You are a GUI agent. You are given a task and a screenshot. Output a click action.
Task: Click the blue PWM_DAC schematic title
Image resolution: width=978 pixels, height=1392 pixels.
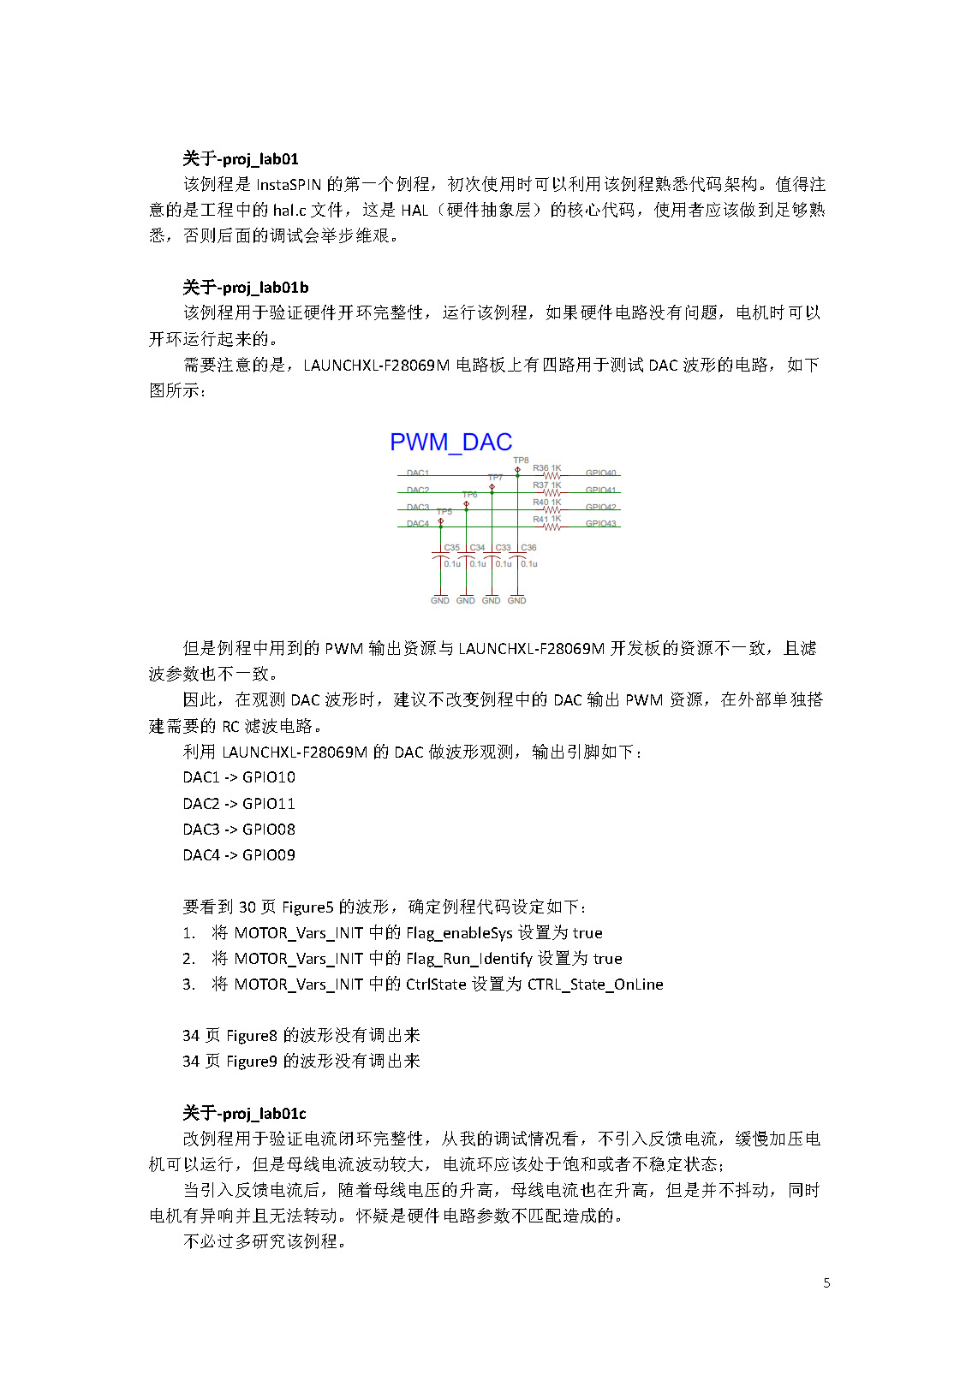(x=450, y=442)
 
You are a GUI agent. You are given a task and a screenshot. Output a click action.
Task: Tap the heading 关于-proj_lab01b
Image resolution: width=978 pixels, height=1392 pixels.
(x=245, y=287)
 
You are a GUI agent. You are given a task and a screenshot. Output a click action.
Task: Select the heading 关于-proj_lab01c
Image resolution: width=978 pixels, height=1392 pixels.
(x=244, y=1113)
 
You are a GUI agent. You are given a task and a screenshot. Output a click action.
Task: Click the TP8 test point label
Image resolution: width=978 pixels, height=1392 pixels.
(x=521, y=461)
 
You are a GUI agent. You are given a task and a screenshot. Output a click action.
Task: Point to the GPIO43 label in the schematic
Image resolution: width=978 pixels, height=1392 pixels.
(x=600, y=524)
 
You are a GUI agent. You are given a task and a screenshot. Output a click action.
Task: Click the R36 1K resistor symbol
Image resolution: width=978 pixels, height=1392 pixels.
(x=552, y=476)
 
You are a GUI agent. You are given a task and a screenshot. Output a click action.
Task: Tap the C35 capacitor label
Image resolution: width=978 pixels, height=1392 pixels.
(x=451, y=548)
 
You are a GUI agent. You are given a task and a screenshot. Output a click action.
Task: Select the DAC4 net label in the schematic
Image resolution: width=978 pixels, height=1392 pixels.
(x=418, y=524)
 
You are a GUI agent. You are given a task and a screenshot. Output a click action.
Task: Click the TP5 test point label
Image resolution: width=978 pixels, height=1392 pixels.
(x=444, y=512)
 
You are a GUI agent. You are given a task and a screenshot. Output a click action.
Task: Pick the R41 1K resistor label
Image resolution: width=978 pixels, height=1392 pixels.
(x=546, y=519)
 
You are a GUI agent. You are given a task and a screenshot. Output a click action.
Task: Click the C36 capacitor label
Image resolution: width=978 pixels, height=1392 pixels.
(x=528, y=548)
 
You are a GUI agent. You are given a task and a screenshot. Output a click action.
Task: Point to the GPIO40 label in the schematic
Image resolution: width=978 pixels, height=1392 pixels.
(x=600, y=473)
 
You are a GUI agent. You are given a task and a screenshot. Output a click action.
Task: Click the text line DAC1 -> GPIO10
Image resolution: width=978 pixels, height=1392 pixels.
(x=239, y=777)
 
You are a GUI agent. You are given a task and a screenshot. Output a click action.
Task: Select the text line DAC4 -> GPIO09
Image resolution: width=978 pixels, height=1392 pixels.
(x=239, y=855)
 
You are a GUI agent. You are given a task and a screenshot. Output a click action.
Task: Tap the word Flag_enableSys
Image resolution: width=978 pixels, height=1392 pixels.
(x=459, y=933)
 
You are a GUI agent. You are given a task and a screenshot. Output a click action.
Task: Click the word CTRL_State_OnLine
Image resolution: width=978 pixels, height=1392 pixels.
(x=595, y=985)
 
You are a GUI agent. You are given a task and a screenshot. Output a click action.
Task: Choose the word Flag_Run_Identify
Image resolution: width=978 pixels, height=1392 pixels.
(x=469, y=959)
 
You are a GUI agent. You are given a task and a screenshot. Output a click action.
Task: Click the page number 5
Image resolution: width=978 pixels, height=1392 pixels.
(x=826, y=1282)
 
